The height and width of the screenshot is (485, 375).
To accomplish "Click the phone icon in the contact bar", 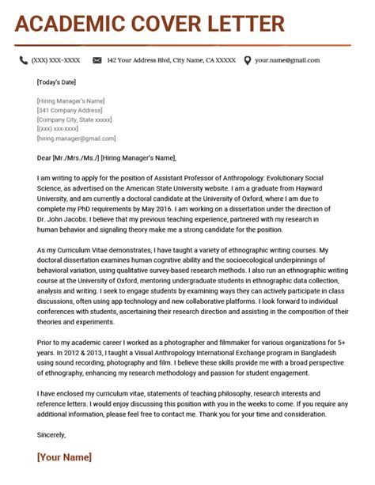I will pos(24,60).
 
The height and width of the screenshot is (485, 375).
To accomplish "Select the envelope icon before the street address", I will pos(97,60).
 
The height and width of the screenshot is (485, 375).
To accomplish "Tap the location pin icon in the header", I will pos(248,60).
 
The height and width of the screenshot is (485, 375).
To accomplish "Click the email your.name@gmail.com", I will pos(286,60).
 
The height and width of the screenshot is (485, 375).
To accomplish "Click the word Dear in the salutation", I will pos(44,157).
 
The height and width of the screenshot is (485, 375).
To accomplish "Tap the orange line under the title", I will pos(182,45).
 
